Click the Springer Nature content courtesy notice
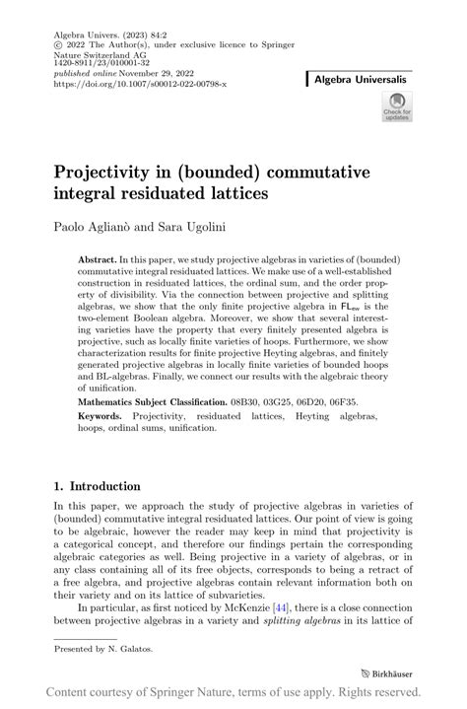233,693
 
